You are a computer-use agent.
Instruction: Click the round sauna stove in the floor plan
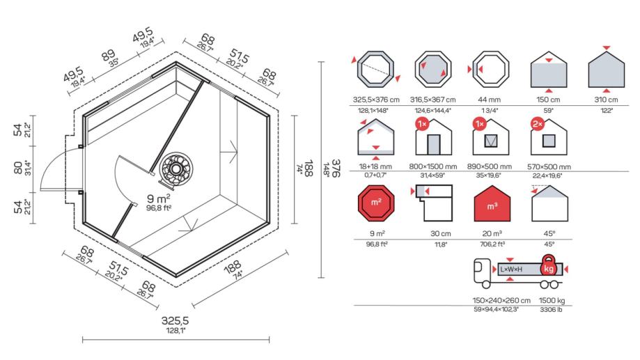[176, 169]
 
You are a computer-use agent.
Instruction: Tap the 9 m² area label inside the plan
[159, 198]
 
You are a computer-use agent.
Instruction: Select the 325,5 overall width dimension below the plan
[175, 321]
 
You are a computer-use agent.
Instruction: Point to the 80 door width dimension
[18, 168]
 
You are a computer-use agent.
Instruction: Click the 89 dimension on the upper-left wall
[108, 55]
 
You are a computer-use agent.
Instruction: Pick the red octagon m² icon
[376, 203]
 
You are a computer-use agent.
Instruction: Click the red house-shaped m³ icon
[492, 203]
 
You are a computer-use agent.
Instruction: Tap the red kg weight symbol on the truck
[549, 267]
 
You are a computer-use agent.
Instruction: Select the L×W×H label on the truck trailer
[511, 269]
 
